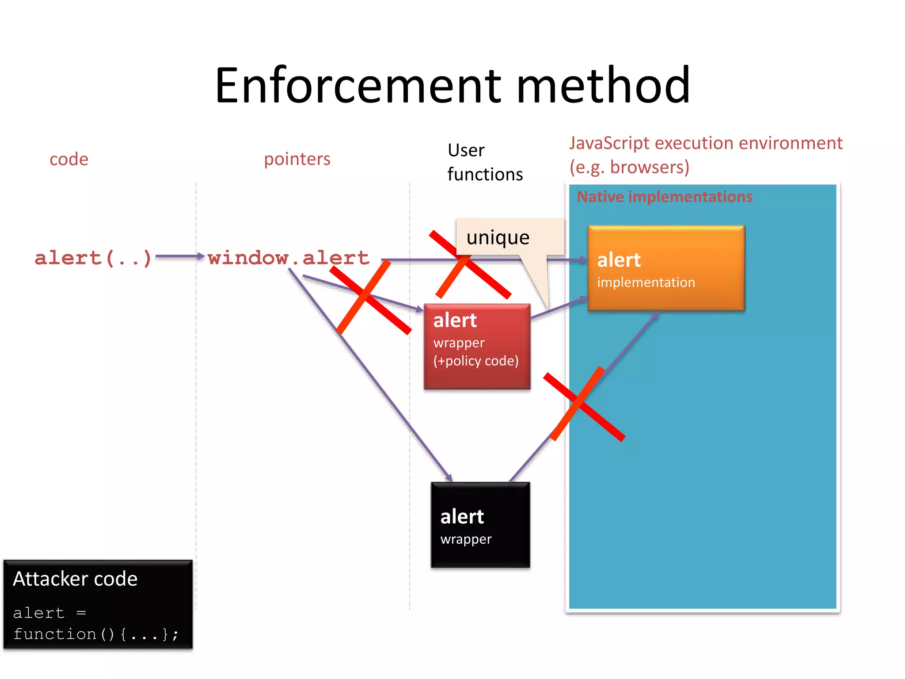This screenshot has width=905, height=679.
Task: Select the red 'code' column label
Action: [69, 159]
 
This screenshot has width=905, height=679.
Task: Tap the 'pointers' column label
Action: [297, 159]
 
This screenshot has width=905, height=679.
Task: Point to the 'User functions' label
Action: [485, 162]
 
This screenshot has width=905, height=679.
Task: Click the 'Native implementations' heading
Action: [664, 197]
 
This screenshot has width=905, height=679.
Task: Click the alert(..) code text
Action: [93, 258]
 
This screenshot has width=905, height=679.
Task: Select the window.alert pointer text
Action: [288, 258]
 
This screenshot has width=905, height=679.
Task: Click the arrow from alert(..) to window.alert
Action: [179, 256]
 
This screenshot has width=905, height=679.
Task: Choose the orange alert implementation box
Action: [666, 268]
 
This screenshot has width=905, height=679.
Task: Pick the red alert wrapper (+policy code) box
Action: [477, 346]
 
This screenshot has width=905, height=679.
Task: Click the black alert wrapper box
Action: [480, 525]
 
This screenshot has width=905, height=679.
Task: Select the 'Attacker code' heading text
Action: [75, 579]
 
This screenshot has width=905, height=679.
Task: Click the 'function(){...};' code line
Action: [96, 634]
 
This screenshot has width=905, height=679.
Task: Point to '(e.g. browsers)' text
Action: [629, 167]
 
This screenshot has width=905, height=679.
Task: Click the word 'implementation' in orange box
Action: [646, 282]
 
